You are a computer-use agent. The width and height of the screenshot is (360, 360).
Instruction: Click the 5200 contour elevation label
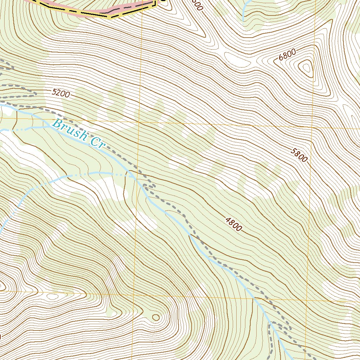coord(61,93)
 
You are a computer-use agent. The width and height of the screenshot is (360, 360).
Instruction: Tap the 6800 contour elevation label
coord(287,56)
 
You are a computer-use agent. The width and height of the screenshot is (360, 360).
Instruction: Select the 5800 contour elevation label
coord(299,155)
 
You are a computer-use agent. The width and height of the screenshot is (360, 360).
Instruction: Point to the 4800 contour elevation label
coord(234,224)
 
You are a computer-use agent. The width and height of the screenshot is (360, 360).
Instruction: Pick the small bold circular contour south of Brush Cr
coord(155,317)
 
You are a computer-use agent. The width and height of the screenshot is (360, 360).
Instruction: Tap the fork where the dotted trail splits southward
coord(271,323)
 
